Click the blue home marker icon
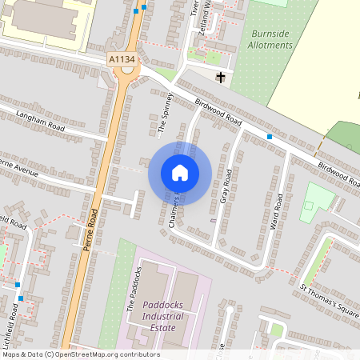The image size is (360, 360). (x=179, y=173)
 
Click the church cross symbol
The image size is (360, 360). (x=221, y=78)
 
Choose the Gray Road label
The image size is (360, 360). (x=226, y=186)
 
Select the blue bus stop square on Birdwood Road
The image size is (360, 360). (x=270, y=137)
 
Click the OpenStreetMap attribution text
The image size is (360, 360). (x=80, y=354)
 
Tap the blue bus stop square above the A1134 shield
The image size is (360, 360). (x=144, y=7)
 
